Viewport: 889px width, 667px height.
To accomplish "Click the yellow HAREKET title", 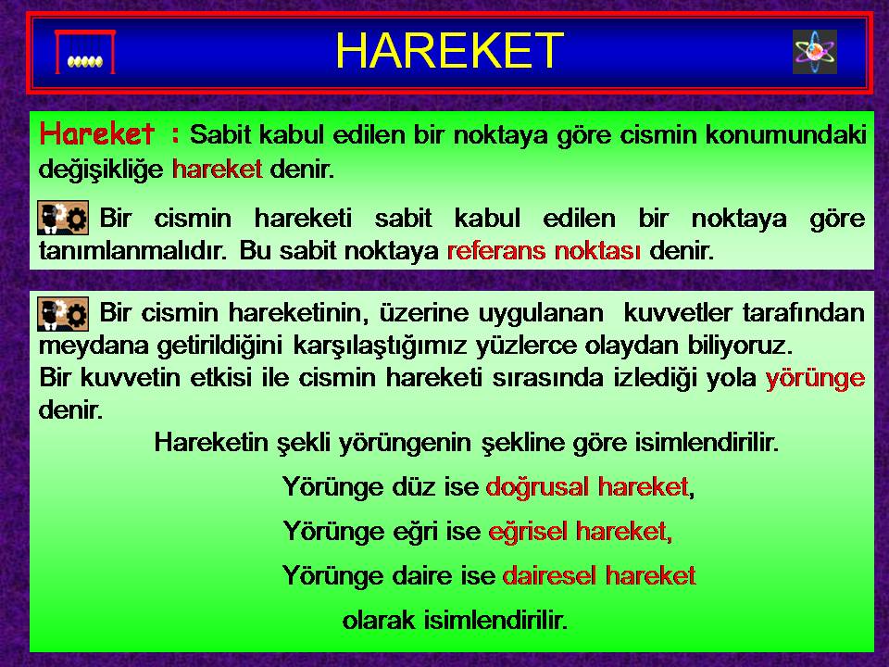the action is (x=449, y=50).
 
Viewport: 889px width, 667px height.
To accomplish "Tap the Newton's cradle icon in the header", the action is (x=85, y=52).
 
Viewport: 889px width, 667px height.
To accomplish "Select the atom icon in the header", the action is (x=815, y=52).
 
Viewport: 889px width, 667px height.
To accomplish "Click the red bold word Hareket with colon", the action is (x=110, y=133).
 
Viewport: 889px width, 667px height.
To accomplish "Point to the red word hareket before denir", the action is (x=217, y=169).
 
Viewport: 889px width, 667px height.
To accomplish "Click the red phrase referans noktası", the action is (x=545, y=250).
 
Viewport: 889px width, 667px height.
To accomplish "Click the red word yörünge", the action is (x=815, y=378).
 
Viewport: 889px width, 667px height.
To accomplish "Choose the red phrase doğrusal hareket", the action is (x=587, y=486).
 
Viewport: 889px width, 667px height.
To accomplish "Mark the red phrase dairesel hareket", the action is (x=599, y=575).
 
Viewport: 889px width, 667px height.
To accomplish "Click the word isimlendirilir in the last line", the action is (x=495, y=620).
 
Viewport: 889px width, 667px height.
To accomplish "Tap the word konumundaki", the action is (x=786, y=135).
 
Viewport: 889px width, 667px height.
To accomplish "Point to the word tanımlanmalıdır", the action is (x=133, y=250).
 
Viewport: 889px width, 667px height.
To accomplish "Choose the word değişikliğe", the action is (x=101, y=169).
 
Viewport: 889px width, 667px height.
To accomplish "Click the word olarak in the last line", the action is (x=379, y=620).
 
